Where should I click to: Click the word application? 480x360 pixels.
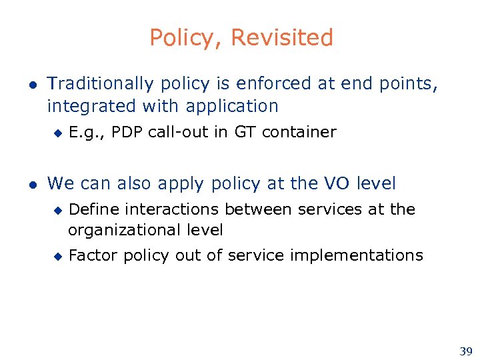(232, 106)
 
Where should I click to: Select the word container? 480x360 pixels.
(299, 132)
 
